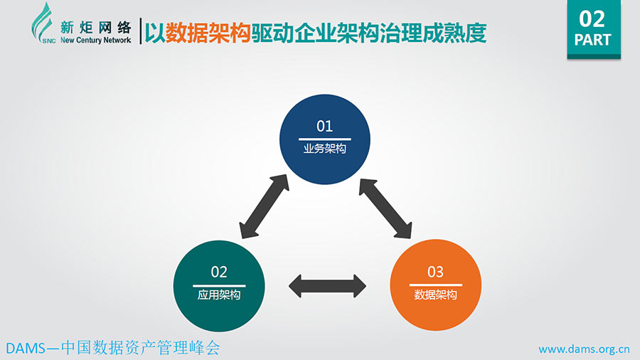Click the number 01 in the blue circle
[x=324, y=126]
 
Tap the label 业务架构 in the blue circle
[x=324, y=149]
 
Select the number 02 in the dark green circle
[x=219, y=272]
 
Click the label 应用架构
[x=219, y=295]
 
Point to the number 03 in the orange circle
[x=435, y=272]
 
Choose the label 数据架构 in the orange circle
[x=435, y=295]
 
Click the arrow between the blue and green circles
[x=264, y=206]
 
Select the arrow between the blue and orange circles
[x=385, y=208]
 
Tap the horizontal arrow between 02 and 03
[x=327, y=286]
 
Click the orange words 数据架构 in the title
[x=208, y=33]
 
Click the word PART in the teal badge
[x=592, y=40]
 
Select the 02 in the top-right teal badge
[x=592, y=18]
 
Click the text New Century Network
[x=95, y=40]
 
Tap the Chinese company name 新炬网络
[x=95, y=28]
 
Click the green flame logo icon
[x=43, y=23]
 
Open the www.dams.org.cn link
[x=584, y=349]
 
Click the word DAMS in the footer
[x=26, y=349]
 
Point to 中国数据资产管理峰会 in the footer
[x=140, y=348]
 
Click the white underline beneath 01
[x=324, y=139]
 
